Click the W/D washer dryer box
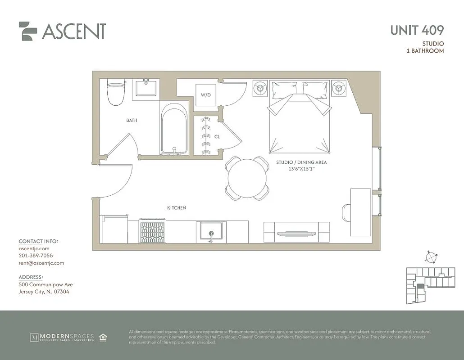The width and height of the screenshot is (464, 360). (206, 95)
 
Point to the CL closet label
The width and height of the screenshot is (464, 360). (217, 136)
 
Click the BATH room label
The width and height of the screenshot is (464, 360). (132, 121)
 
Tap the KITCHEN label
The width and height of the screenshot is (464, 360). (177, 208)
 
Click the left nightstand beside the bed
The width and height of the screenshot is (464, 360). (260, 88)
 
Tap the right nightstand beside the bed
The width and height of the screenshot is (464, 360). (339, 88)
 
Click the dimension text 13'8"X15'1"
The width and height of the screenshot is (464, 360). (301, 169)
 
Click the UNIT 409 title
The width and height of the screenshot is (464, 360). (417, 30)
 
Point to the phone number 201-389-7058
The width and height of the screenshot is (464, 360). (36, 256)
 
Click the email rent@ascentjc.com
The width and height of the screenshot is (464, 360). (41, 263)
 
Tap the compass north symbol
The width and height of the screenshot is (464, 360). (431, 257)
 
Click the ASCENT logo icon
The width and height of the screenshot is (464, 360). (28, 31)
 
